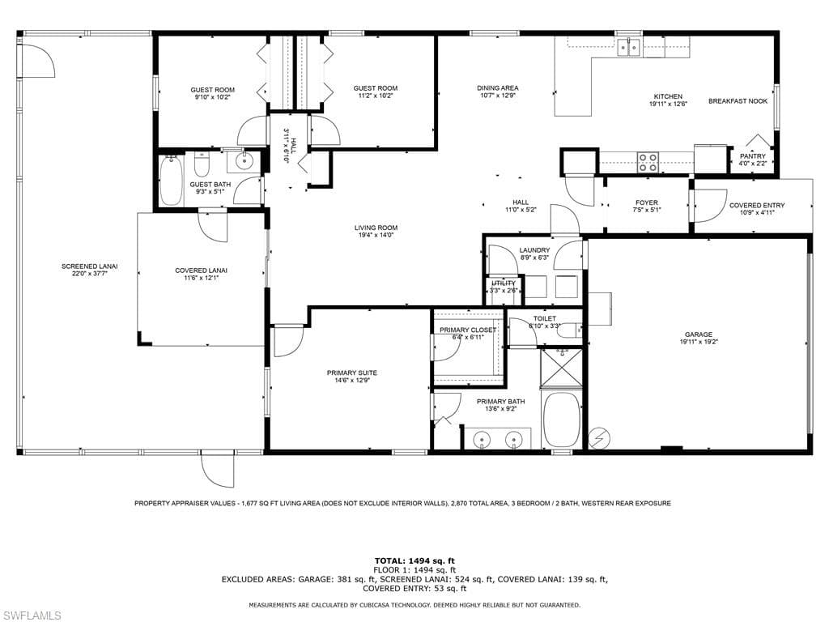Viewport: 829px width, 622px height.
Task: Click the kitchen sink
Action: click(x=629, y=47)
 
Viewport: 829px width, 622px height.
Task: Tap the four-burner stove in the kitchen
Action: click(x=648, y=162)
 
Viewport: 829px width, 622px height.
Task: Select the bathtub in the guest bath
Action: click(x=171, y=180)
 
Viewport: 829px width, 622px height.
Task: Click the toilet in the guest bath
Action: click(x=202, y=164)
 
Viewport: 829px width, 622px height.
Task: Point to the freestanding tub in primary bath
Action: click(x=562, y=420)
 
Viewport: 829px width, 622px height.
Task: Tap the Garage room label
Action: click(x=699, y=334)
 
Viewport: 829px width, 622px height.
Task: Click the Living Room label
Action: click(x=376, y=228)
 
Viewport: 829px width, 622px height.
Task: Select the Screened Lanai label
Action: click(x=89, y=266)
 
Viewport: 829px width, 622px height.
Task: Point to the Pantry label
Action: click(x=752, y=156)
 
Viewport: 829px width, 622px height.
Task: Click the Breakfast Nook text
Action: click(x=738, y=101)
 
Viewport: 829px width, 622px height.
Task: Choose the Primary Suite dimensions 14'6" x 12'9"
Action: click(x=351, y=380)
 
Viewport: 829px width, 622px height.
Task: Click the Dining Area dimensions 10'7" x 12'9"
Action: click(x=498, y=96)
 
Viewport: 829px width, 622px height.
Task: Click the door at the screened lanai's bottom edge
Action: click(x=217, y=471)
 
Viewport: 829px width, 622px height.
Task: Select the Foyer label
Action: click(x=647, y=202)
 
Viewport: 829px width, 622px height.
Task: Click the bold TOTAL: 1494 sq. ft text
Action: click(x=414, y=561)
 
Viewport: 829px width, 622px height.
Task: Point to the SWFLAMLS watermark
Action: click(x=32, y=616)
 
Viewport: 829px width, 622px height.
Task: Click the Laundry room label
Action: click(x=534, y=250)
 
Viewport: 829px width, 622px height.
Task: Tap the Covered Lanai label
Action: click(x=201, y=271)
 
